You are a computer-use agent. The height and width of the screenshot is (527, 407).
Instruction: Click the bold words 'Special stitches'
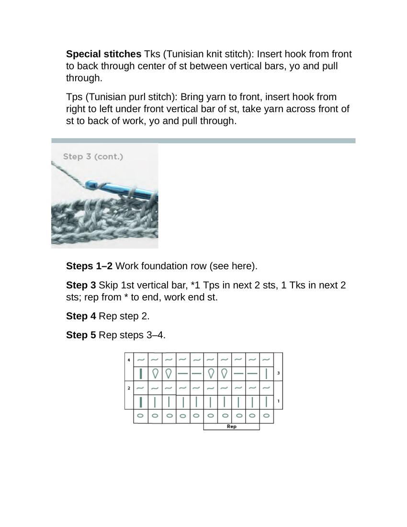(x=103, y=54)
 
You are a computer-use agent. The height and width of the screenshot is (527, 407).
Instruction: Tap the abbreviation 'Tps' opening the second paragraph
(x=74, y=97)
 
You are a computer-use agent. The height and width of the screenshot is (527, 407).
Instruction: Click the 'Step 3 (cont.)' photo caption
(x=93, y=157)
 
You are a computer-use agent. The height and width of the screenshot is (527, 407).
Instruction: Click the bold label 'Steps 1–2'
(x=89, y=266)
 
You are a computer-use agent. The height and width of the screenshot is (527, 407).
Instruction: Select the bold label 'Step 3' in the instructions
(x=81, y=286)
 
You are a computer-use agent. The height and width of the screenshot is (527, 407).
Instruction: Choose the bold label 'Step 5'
(x=81, y=335)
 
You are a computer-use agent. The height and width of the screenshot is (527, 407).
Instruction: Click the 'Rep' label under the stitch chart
(x=231, y=426)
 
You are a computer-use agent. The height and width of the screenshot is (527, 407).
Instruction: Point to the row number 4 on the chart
(x=129, y=359)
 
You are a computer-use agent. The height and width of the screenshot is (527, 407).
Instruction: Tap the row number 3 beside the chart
(x=278, y=373)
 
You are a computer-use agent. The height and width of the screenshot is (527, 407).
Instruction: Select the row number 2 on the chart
(x=129, y=388)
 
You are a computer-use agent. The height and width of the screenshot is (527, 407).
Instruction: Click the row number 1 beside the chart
(x=278, y=401)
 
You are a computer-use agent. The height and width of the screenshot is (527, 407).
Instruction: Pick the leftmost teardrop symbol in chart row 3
(x=155, y=373)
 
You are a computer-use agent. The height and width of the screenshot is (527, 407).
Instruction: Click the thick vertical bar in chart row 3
(x=141, y=373)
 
